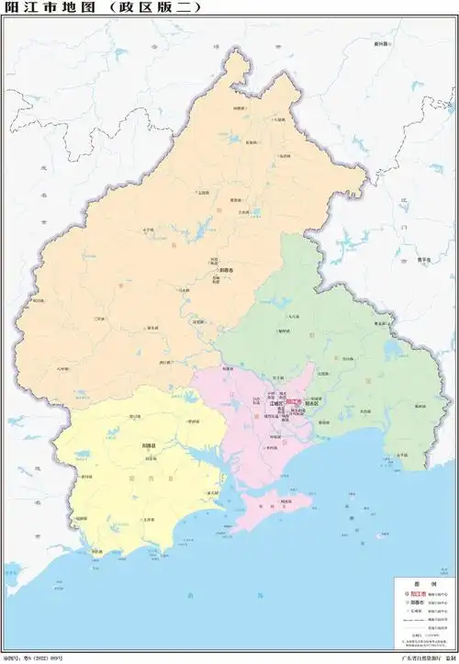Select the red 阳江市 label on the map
click(293, 401)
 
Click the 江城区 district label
click(273, 402)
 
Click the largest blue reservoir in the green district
click(395, 350)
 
